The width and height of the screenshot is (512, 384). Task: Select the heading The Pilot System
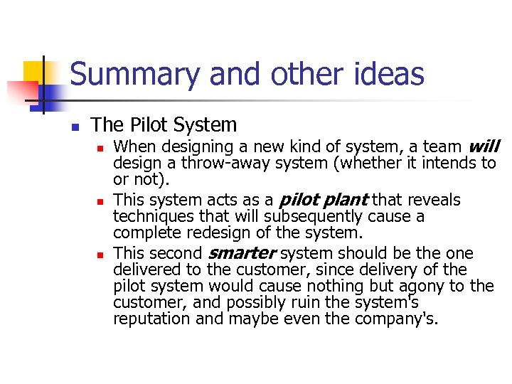click(164, 125)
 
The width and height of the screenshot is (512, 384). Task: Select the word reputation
click(151, 319)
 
